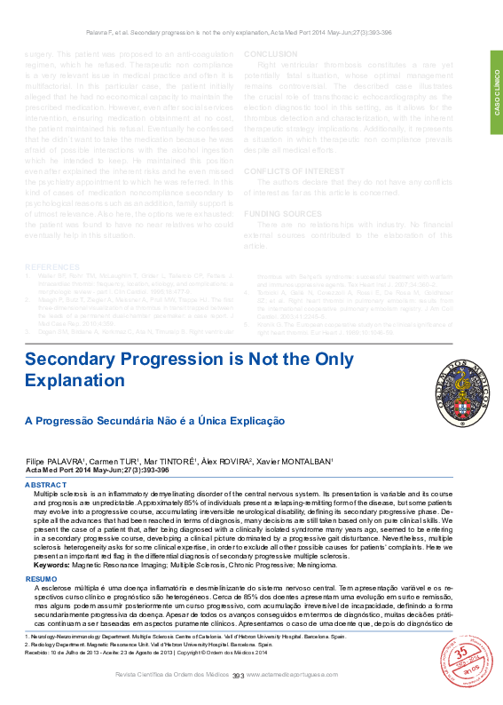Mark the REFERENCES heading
(51, 266)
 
